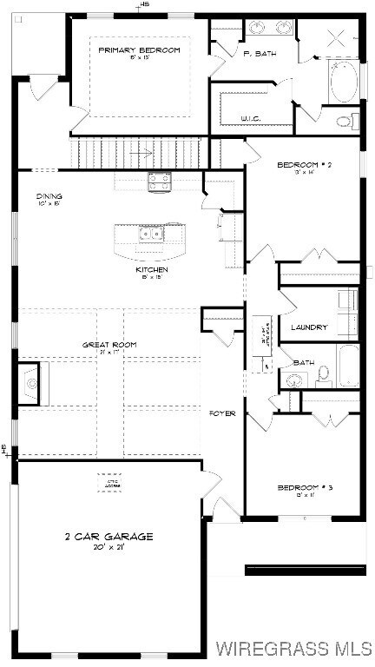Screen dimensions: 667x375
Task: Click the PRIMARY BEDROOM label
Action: click(139, 50)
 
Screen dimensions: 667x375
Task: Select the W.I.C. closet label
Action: click(251, 119)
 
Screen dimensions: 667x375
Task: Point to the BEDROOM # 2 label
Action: click(305, 165)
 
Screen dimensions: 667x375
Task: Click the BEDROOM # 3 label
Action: click(305, 488)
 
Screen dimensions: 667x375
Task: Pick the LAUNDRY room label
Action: click(309, 327)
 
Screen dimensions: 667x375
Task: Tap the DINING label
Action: click(49, 196)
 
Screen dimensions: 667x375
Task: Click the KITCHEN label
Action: click(151, 270)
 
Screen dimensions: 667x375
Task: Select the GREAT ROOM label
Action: click(109, 345)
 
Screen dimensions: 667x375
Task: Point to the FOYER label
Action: click(223, 413)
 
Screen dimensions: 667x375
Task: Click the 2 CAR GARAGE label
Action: click(109, 537)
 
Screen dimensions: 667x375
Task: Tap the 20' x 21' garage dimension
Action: click(109, 548)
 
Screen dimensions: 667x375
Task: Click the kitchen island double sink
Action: click(149, 233)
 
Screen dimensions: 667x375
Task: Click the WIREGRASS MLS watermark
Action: click(294, 648)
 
